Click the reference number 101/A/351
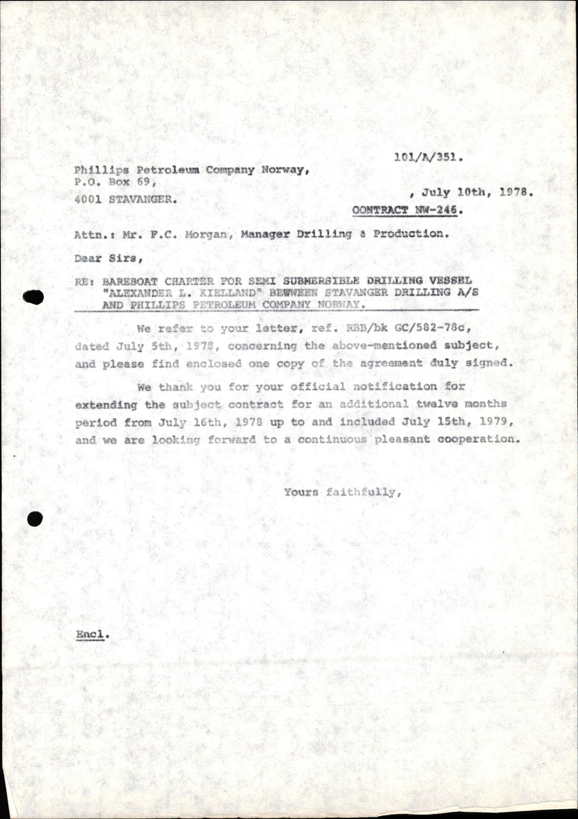(428, 158)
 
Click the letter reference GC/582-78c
(420, 328)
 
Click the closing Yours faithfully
(342, 492)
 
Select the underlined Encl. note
(92, 634)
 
